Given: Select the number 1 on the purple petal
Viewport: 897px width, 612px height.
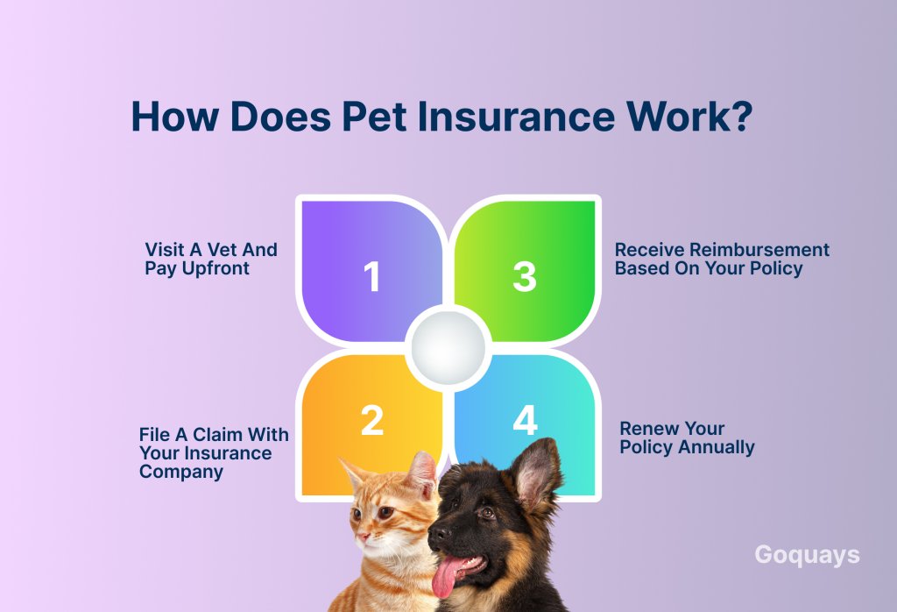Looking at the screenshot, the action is pos(371,276).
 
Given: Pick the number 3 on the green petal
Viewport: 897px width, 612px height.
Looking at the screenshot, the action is pos(525,276).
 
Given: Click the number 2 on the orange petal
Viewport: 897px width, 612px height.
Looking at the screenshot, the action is pos(371,421).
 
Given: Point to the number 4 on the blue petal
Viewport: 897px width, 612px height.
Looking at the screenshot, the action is pos(525,420).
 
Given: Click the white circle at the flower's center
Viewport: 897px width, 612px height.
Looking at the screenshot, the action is pos(448,348).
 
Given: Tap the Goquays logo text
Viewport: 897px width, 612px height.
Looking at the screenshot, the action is pos(807,555).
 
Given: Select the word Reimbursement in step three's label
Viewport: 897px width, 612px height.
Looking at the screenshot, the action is pos(759,250).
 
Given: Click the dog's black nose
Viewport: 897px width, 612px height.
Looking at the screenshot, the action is pos(439,535).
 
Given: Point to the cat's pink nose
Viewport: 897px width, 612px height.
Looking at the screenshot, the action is pos(362,538).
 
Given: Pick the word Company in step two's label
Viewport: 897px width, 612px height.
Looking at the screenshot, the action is pos(180,472).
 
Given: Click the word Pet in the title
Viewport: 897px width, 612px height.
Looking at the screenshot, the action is pos(374,117).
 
